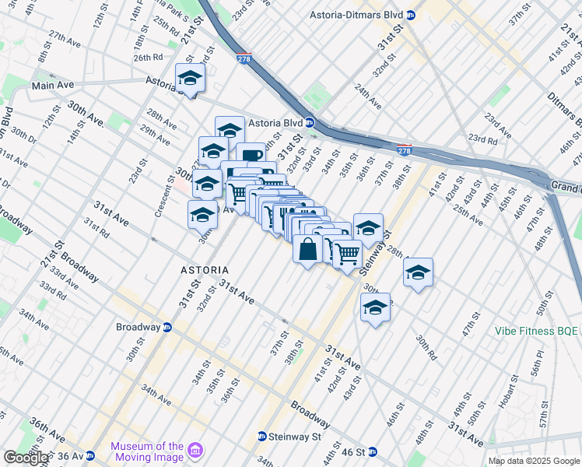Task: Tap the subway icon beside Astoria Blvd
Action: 310,123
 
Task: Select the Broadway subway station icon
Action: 167,327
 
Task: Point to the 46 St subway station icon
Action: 372,451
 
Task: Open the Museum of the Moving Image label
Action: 146,451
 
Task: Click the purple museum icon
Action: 195,451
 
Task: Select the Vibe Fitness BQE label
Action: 537,331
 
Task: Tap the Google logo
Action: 25,458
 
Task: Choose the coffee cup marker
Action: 250,156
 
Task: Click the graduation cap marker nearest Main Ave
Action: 190,78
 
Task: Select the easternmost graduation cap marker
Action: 419,272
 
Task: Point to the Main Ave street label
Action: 52,84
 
